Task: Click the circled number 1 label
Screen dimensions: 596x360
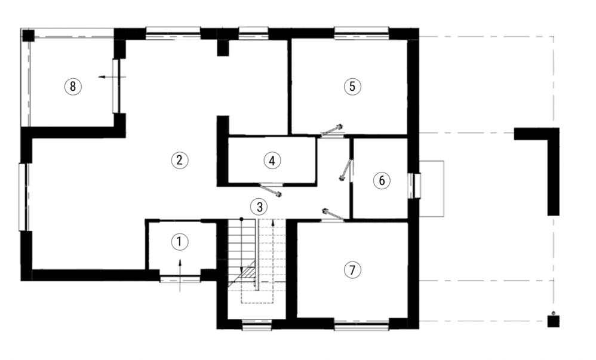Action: click(179, 242)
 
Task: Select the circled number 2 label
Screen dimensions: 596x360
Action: click(179, 160)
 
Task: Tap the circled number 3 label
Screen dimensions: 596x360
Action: click(259, 207)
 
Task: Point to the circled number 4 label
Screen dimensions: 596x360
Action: click(272, 161)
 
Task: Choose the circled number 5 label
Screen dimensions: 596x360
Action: click(352, 87)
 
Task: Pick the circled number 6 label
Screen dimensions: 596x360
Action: click(382, 180)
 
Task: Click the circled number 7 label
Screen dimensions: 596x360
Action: click(352, 270)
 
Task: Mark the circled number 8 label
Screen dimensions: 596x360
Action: click(73, 87)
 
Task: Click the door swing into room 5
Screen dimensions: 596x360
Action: click(332, 130)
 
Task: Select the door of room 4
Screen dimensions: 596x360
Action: click(271, 190)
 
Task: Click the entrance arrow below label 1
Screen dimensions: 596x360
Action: click(180, 275)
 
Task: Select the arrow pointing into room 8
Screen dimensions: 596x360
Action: click(112, 77)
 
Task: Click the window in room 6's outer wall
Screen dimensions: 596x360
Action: click(414, 186)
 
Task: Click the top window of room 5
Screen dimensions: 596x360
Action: click(361, 33)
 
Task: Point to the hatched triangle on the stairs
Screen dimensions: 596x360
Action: click(247, 271)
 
